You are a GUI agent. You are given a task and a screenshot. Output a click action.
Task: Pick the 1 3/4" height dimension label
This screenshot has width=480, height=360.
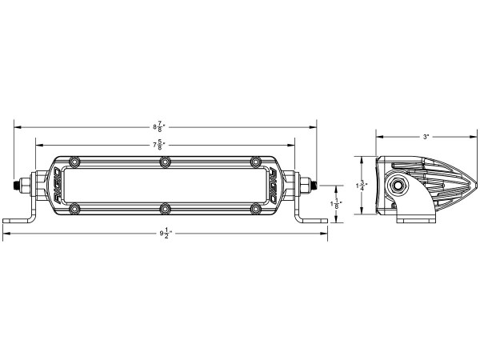click(x=362, y=186)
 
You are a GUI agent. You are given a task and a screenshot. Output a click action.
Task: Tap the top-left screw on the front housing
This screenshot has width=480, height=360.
click(x=74, y=162)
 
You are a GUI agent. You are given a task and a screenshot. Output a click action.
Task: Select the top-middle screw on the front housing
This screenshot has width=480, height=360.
click(x=165, y=162)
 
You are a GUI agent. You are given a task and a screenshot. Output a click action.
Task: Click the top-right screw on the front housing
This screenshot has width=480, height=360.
click(x=256, y=162)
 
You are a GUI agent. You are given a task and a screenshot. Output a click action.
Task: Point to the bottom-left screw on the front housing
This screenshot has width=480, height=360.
click(x=74, y=210)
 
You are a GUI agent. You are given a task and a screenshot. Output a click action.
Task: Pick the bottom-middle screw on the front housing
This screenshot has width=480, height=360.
click(x=165, y=210)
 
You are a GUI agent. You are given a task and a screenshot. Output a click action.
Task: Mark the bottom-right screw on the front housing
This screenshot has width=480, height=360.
click(x=256, y=210)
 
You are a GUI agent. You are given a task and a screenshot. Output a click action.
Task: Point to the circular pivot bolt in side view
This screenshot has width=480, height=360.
click(x=396, y=189)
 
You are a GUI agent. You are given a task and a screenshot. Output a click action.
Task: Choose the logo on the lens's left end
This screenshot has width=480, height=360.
click(x=59, y=186)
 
